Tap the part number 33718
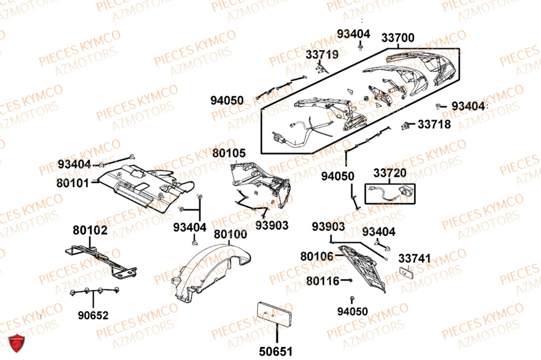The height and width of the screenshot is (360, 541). click(434, 124)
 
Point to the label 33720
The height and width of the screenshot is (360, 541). click(390, 174)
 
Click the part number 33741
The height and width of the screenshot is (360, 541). click(415, 259)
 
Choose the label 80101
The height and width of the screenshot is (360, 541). click(72, 183)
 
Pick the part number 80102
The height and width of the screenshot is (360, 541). click(90, 231)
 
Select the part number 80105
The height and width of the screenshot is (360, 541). click(229, 154)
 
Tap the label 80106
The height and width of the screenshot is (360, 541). click(317, 255)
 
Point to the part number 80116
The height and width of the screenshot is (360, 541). click(322, 281)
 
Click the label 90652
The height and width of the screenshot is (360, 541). click(93, 315)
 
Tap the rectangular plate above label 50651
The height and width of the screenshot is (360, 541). click(274, 314)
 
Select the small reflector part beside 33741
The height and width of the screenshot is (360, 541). click(407, 273)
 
